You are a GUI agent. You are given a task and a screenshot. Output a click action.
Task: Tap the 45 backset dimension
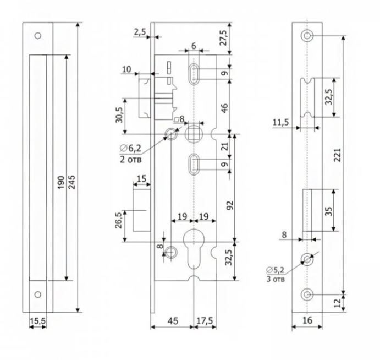pyautogui.click(x=171, y=319)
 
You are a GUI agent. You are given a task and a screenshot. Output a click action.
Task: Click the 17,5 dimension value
pyautogui.click(x=206, y=319)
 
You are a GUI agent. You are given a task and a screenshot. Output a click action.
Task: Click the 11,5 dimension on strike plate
pyautogui.click(x=281, y=122)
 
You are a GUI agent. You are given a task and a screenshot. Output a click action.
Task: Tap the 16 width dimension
pyautogui.click(x=307, y=319)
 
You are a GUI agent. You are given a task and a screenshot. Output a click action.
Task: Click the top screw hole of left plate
pyautogui.click(x=38, y=36)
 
